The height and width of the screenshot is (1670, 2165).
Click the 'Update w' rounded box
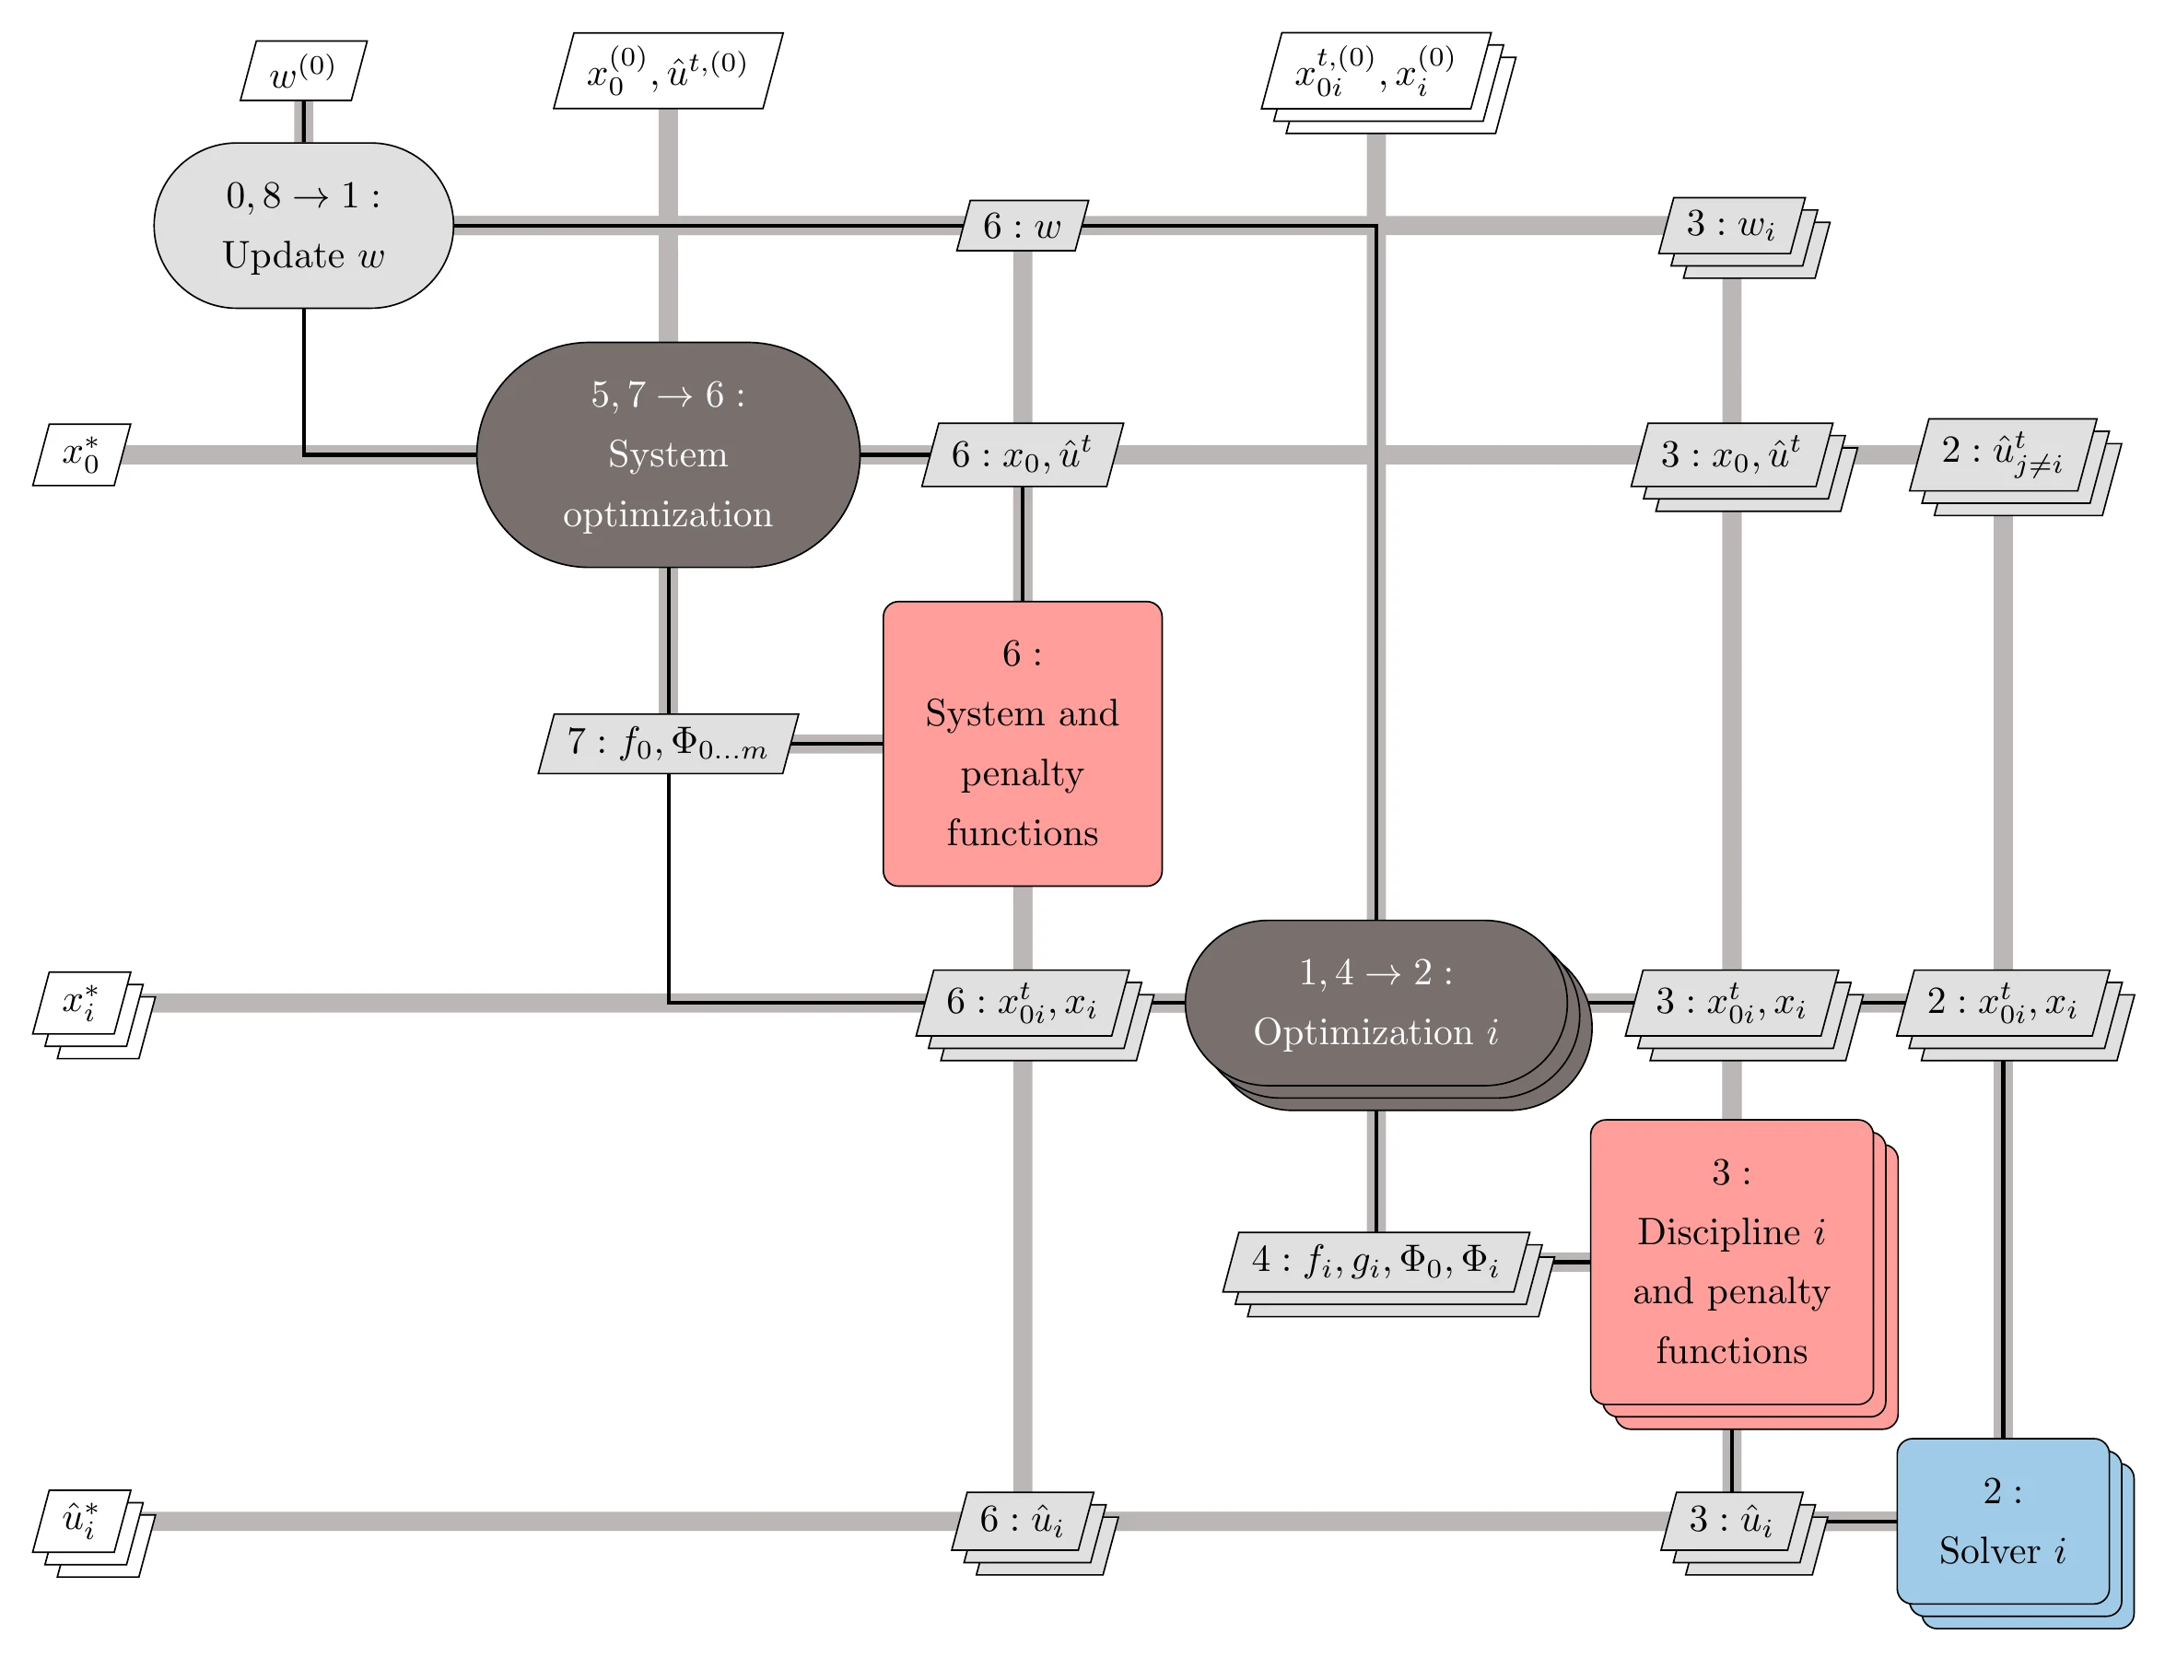[x=303, y=225]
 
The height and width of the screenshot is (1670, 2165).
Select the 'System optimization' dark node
[x=667, y=454]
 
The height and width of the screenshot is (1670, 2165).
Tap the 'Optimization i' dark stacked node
[x=1375, y=1003]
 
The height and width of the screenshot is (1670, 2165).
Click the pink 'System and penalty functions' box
[x=1022, y=743]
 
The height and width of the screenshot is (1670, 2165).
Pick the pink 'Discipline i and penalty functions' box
[x=1731, y=1262]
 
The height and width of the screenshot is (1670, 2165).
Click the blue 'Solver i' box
[x=2003, y=1521]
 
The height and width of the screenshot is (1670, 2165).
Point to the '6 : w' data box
[x=1022, y=226]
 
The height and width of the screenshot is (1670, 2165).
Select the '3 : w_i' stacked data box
[x=1731, y=225]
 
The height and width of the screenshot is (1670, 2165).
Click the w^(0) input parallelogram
[x=303, y=70]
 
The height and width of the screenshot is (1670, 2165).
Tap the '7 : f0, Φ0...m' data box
[x=667, y=743]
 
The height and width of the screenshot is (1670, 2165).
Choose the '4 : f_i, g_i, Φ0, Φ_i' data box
[x=1375, y=1262]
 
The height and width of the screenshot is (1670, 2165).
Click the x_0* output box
[x=81, y=454]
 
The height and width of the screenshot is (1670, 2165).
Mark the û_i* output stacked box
[x=81, y=1521]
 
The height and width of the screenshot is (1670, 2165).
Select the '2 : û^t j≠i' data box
[x=2003, y=454]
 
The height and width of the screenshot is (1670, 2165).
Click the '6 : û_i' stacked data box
[x=1022, y=1521]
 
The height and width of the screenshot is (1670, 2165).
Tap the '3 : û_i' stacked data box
[x=1731, y=1521]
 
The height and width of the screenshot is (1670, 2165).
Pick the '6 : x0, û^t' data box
[x=1022, y=454]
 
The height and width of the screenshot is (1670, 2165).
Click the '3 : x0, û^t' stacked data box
[x=1731, y=454]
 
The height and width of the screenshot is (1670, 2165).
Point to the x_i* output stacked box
[x=81, y=1003]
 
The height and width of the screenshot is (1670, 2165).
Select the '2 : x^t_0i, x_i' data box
[x=2003, y=1003]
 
